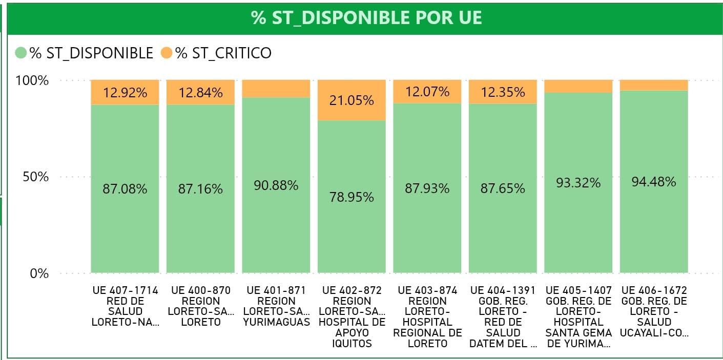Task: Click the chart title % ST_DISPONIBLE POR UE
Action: tap(366, 18)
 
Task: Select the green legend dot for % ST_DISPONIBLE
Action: tap(21, 53)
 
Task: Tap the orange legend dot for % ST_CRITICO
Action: tap(167, 53)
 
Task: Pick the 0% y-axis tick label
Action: tap(39, 273)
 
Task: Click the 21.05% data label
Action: tap(352, 100)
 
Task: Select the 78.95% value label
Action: tap(352, 197)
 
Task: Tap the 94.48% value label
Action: tap(653, 182)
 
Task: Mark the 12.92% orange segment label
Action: tap(125, 93)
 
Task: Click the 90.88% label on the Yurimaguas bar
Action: tap(276, 185)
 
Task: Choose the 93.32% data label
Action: tap(578, 183)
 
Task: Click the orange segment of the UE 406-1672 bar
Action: tap(653, 85)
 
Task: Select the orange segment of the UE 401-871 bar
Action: tap(276, 89)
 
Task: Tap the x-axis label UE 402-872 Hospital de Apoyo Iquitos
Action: tap(352, 316)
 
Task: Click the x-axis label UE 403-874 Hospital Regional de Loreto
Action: tap(427, 316)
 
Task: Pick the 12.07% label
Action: tap(427, 92)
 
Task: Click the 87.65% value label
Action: tap(503, 188)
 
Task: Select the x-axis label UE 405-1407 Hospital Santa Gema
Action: tap(579, 316)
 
